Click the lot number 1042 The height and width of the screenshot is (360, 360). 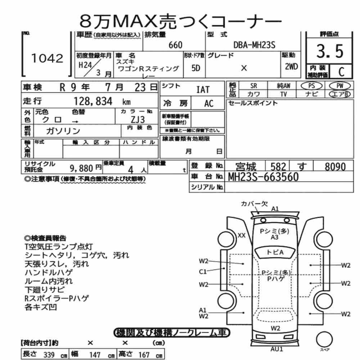[x=47, y=58]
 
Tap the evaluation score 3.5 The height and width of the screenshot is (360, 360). [x=330, y=51]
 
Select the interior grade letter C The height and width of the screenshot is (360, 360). [x=341, y=72]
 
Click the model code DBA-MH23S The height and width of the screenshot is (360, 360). [x=254, y=45]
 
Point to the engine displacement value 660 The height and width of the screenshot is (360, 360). [x=175, y=45]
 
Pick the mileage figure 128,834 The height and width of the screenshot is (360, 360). [x=93, y=101]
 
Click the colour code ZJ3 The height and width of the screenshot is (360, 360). [x=138, y=120]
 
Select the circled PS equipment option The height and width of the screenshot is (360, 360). [x=311, y=86]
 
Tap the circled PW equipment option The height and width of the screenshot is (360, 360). [x=340, y=86]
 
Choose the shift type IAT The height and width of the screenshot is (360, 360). [x=203, y=90]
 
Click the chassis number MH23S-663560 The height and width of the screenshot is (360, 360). [x=264, y=177]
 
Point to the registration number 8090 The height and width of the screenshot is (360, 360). [x=335, y=167]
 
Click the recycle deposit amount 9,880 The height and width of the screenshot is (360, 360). [x=81, y=168]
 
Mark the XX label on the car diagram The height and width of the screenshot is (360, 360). [x=242, y=235]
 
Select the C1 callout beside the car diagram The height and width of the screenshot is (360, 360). [x=203, y=272]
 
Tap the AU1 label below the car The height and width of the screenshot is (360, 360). [x=276, y=349]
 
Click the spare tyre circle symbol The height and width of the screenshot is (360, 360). [x=324, y=339]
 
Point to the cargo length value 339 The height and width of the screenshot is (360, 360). [x=49, y=355]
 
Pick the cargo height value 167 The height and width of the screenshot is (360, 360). [x=144, y=355]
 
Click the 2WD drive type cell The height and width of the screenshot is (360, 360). [x=291, y=67]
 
